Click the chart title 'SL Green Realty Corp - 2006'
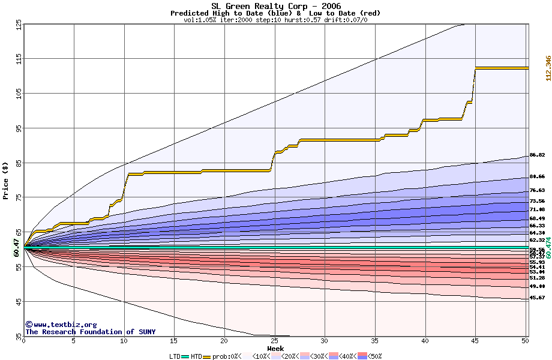(275, 6)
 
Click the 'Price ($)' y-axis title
(5, 180)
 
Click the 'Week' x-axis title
(275, 348)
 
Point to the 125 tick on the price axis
(18, 25)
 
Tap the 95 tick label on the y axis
(18, 128)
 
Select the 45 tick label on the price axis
(18, 301)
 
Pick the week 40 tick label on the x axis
(425, 341)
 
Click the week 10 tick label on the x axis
(124, 341)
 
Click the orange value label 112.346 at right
(548, 68)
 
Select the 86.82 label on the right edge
(537, 155)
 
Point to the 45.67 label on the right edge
(537, 298)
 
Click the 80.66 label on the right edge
(537, 176)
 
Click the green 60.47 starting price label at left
(16, 247)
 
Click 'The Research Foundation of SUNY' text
(90, 332)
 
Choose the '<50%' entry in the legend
(373, 356)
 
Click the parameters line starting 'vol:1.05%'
(275, 20)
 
